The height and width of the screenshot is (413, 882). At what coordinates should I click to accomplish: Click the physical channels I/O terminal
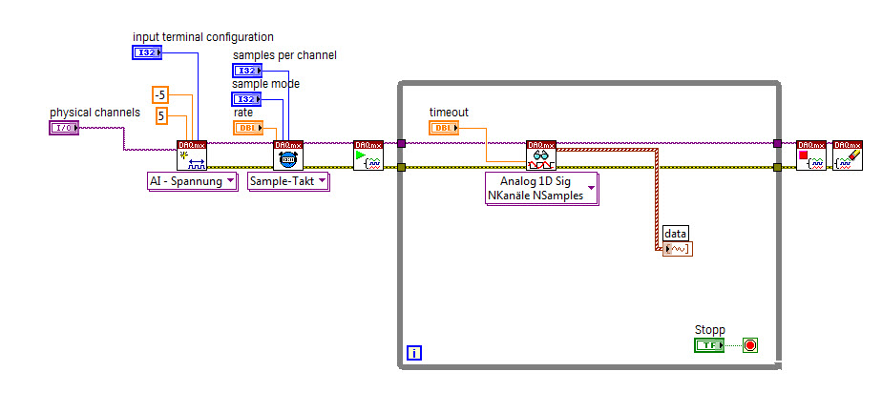63,128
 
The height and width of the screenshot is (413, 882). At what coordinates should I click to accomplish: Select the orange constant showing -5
160,94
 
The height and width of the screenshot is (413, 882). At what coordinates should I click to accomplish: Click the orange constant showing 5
160,116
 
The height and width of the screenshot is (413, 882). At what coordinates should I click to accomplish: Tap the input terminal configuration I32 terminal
147,52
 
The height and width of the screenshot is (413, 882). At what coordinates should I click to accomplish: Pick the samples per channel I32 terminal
246,72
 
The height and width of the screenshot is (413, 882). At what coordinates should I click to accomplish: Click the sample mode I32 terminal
246,99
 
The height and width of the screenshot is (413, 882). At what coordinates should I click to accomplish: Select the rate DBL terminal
247,127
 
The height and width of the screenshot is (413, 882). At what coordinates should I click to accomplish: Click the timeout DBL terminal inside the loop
443,127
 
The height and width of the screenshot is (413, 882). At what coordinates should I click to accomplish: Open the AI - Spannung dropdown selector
192,181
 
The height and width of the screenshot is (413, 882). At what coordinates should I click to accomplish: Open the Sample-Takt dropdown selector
287,181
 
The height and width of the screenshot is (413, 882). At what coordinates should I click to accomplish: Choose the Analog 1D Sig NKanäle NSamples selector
542,189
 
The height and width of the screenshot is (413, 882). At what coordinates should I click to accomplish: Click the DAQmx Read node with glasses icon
541,155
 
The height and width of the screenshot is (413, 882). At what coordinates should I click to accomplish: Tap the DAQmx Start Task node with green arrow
367,155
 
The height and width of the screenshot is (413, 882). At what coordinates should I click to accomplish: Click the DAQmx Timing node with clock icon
288,155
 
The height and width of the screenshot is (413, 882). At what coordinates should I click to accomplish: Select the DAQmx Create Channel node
192,155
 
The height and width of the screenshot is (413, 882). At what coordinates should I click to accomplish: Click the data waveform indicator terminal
677,249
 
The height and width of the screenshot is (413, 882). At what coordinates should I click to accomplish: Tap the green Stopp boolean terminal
709,345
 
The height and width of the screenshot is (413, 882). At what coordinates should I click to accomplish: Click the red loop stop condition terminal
749,345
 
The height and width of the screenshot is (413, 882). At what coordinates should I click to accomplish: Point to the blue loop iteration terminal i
413,353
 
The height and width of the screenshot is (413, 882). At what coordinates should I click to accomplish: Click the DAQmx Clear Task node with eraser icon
847,155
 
